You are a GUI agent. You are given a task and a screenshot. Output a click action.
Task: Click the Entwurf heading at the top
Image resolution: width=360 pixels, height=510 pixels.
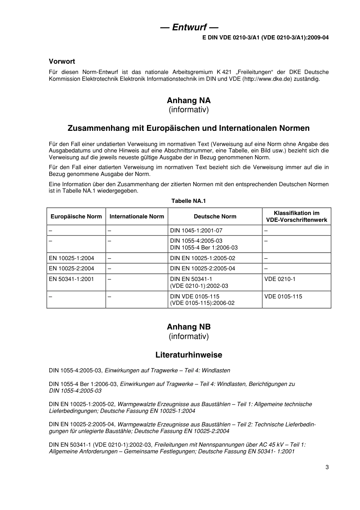(189, 27)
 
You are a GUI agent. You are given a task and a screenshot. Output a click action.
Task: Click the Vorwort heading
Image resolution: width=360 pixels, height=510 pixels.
(62, 61)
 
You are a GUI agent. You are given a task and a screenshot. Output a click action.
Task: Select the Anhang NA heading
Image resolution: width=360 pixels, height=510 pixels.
(188, 100)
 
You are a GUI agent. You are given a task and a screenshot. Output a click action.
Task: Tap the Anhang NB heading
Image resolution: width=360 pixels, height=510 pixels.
(188, 327)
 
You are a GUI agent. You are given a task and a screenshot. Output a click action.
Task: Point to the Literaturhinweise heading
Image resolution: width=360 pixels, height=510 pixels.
(188, 355)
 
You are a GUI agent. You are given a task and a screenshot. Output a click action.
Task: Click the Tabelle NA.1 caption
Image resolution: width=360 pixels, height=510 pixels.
(188, 201)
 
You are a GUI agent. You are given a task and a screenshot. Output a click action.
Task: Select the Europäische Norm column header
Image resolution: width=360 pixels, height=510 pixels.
(76, 217)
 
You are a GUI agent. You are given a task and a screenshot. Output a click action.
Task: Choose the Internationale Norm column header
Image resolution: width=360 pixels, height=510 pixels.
(136, 217)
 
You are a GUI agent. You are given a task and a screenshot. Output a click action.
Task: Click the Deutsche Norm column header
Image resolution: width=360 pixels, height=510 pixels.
(215, 217)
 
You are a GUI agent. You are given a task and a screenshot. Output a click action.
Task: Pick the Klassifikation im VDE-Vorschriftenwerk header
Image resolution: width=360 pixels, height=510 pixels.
(296, 217)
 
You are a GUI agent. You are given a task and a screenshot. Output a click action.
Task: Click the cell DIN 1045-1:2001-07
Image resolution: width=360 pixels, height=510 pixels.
(196, 231)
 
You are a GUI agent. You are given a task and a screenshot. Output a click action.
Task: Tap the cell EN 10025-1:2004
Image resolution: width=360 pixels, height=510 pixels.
(71, 258)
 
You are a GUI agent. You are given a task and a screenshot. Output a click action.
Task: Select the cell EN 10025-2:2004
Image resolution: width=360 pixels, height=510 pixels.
(71, 268)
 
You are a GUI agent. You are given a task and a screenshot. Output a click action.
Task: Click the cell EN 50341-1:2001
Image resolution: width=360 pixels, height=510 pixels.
(71, 279)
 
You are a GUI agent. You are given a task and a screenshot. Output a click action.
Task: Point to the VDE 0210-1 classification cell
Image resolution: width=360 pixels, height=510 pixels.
(280, 279)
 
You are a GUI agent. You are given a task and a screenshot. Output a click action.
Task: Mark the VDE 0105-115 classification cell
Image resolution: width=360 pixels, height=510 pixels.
(283, 297)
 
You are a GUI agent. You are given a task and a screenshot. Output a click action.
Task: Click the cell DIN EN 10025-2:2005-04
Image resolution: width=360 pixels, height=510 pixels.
(202, 268)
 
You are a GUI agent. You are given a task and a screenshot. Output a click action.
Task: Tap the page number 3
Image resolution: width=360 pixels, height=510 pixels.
(327, 467)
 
